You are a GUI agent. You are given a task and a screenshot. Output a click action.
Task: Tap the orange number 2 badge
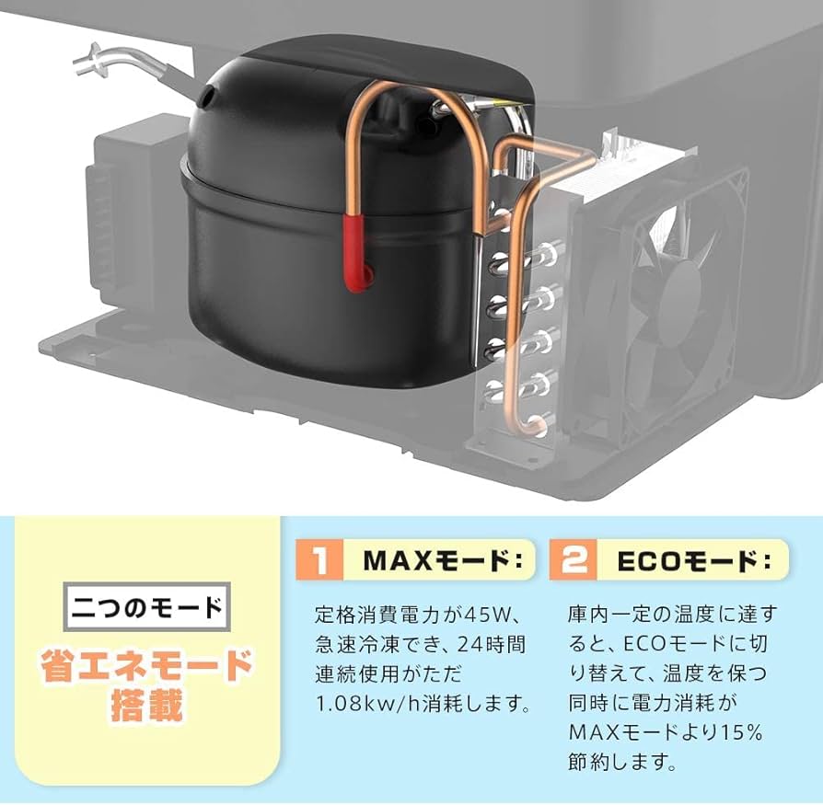pos(574,560)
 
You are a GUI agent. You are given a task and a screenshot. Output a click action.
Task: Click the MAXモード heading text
pos(441,560)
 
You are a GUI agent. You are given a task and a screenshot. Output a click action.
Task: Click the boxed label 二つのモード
pos(147,608)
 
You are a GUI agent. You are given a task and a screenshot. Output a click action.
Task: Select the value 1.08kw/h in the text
pos(360,705)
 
